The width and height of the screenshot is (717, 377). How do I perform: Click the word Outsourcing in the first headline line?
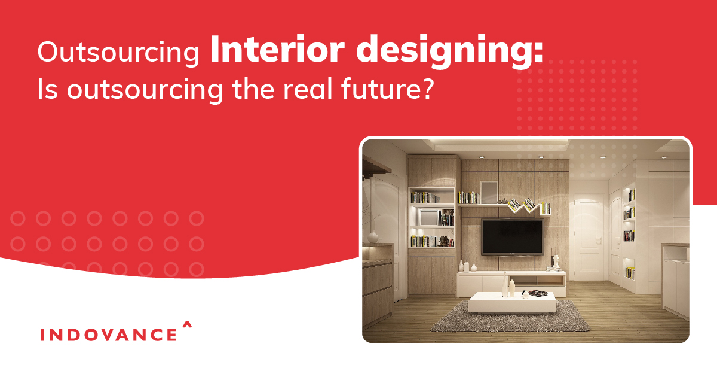[118, 53]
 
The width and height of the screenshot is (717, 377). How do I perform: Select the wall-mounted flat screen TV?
[513, 236]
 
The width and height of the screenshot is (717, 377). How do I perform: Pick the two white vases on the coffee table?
[508, 287]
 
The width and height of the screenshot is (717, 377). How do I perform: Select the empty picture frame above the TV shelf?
[489, 191]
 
